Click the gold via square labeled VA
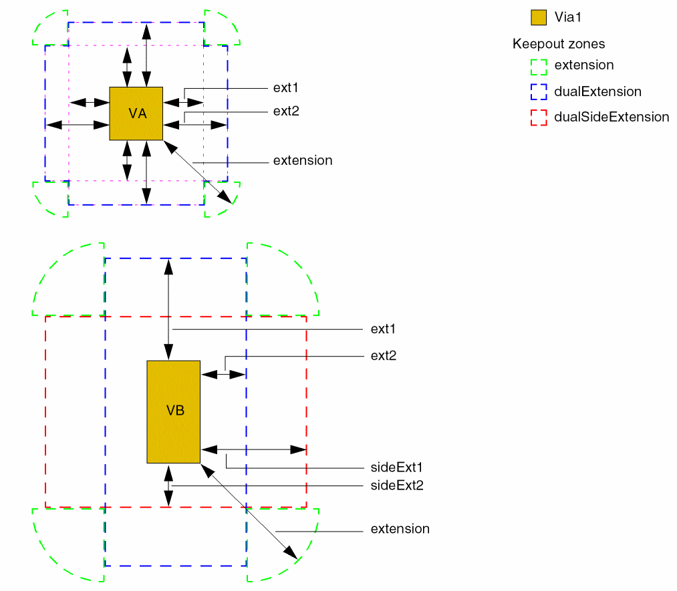point(136,100)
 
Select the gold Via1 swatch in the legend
point(539,17)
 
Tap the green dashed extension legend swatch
point(539,65)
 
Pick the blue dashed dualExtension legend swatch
point(539,91)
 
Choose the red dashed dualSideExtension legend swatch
point(539,117)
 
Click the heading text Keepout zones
point(559,44)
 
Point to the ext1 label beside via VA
point(285,88)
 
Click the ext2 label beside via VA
point(285,111)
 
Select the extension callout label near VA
point(303,161)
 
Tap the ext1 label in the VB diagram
point(384,329)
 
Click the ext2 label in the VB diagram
point(384,356)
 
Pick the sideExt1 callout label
point(397,467)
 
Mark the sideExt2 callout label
point(397,485)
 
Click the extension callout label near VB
point(400,529)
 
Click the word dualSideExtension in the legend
point(612,117)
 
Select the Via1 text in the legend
point(572,17)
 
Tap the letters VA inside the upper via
point(138,114)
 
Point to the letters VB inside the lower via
point(175,411)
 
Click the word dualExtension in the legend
point(597,91)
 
